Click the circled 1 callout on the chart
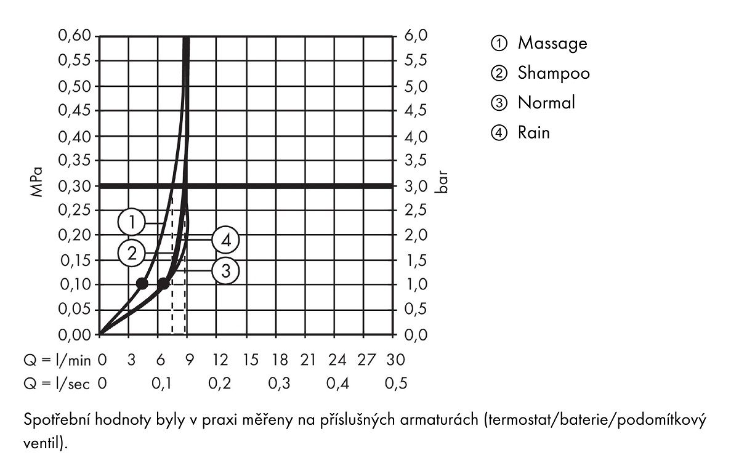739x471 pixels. [x=132, y=222]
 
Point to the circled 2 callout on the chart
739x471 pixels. [x=132, y=253]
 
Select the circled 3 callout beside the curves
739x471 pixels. [x=225, y=271]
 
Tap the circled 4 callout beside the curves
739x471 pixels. [x=225, y=240]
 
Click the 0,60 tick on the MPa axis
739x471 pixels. [x=75, y=36]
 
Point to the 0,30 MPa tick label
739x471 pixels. [x=75, y=187]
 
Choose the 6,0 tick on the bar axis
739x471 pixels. [x=416, y=36]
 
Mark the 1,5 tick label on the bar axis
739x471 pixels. [x=416, y=261]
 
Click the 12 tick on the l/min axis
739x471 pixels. [x=220, y=360]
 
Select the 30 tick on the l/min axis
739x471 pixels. [x=395, y=360]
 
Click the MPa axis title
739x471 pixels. [x=36, y=182]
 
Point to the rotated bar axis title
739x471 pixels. [x=442, y=182]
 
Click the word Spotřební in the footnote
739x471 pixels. [x=57, y=421]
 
